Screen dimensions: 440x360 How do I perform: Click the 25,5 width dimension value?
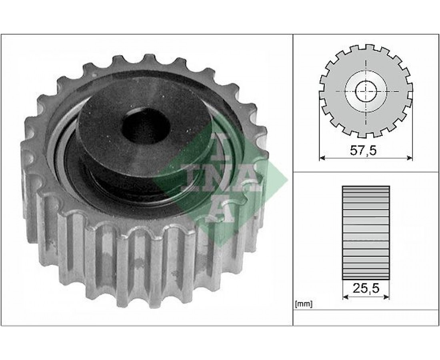click(x=366, y=288)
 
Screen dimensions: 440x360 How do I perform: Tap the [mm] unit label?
click(x=304, y=304)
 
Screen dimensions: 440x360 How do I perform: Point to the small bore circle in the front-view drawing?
click(x=366, y=91)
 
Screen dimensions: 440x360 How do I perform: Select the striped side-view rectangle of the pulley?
click(x=366, y=233)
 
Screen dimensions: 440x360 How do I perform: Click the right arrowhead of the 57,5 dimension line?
click(x=410, y=158)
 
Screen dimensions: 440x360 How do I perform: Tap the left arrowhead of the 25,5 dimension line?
click(x=346, y=296)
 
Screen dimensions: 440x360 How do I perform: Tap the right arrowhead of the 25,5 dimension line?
click(x=387, y=296)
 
